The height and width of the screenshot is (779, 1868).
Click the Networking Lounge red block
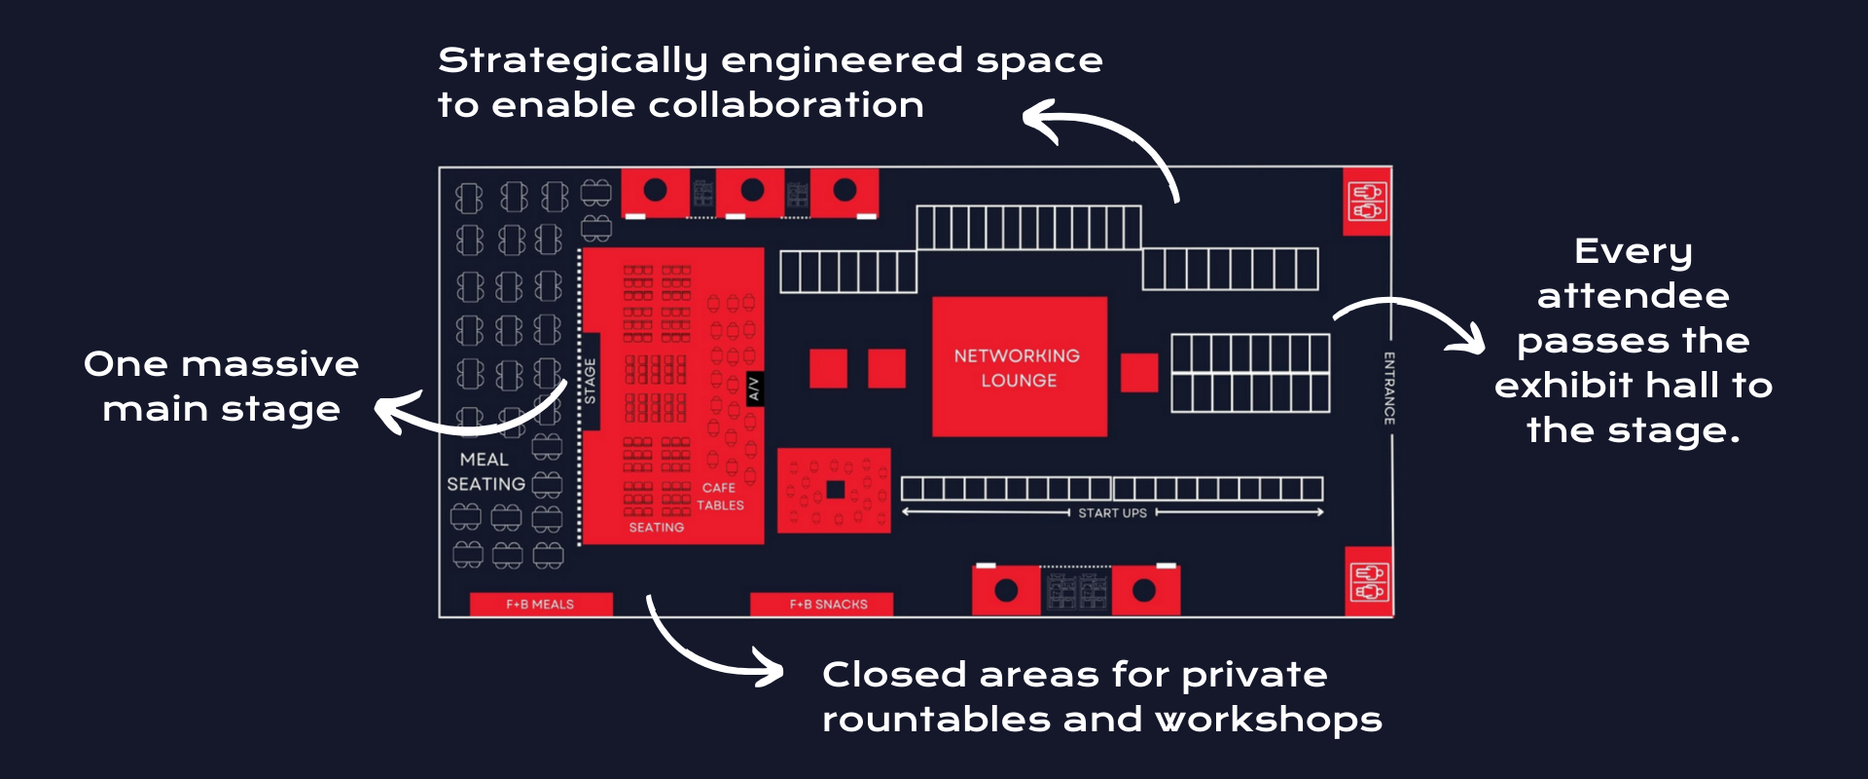click(x=1019, y=367)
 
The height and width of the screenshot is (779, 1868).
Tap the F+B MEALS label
click(x=540, y=605)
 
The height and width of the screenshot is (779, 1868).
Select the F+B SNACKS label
click(x=828, y=605)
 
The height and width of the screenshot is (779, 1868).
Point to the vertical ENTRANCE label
click(x=1389, y=388)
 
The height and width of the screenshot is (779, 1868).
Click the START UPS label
click(x=1112, y=513)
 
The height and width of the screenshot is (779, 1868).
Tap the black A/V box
click(x=753, y=389)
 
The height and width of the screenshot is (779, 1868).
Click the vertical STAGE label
click(x=590, y=381)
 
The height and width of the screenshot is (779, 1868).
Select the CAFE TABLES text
click(x=720, y=497)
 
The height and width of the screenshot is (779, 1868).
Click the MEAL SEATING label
click(x=485, y=471)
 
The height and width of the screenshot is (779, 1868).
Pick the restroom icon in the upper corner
click(x=1367, y=202)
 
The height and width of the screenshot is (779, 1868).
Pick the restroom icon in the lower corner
click(x=1368, y=581)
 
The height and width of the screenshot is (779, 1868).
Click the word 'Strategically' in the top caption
click(x=572, y=61)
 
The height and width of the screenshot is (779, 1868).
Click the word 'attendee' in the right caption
click(x=1633, y=295)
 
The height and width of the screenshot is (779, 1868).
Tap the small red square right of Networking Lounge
click(x=1139, y=372)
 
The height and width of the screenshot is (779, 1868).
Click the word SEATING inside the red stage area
click(x=656, y=528)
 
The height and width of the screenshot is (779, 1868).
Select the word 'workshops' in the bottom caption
click(x=1268, y=720)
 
